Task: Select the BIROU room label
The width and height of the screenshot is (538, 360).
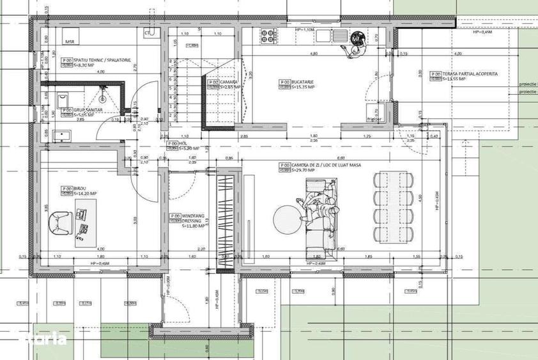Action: [80, 188]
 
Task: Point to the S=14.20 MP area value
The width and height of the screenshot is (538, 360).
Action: [85, 193]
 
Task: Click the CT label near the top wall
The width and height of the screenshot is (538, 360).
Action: [148, 32]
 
